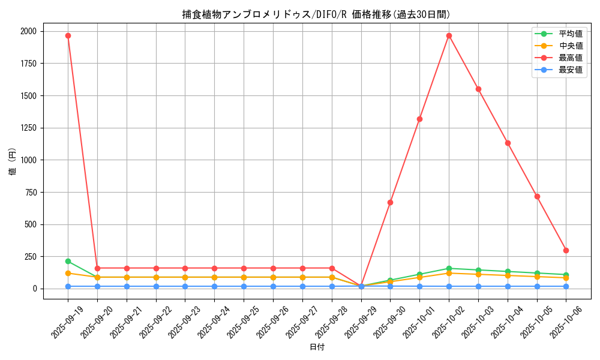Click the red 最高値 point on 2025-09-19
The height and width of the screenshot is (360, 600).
68,35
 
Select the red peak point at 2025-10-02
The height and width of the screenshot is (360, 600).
449,35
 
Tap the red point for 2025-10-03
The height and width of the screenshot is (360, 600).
478,89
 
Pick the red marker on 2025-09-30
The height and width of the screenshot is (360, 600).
390,202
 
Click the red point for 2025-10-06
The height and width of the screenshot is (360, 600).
566,250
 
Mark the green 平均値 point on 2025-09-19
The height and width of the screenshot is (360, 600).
68,261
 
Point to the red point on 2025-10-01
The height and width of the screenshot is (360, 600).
419,119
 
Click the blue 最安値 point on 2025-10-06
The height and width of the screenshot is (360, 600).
566,286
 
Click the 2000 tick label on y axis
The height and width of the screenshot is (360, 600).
28,31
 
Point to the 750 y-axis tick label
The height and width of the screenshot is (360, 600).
31,192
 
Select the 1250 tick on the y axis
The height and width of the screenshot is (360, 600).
28,128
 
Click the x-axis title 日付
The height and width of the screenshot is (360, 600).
317,347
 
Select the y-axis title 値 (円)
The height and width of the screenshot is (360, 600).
13,162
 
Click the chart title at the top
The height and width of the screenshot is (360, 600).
316,14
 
